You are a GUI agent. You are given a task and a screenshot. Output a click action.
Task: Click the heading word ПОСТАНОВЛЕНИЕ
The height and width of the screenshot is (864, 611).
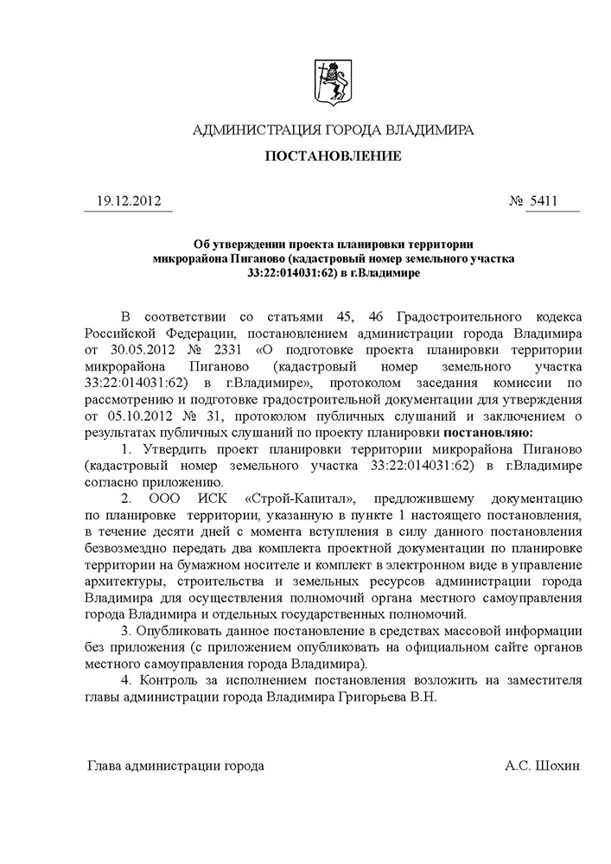click(333, 156)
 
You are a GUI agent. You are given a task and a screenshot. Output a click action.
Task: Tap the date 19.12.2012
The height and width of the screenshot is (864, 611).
click(126, 201)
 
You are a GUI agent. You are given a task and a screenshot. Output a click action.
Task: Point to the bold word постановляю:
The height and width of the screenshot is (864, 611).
click(487, 432)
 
